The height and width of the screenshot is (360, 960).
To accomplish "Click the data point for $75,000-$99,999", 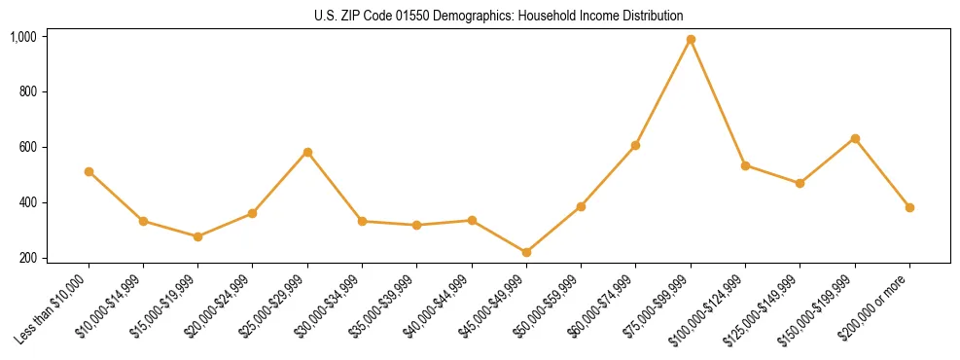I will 691,40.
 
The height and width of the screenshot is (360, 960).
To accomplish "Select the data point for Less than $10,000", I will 89,171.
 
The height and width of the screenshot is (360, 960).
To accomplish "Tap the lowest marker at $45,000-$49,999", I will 526,252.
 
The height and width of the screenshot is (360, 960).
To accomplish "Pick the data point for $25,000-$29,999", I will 307,152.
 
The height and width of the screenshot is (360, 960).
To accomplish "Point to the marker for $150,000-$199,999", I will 855,138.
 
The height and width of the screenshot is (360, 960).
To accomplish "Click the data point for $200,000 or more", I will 909,207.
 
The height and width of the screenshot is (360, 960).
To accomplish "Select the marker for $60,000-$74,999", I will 636,145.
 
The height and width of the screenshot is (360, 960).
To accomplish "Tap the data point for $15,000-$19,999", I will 198,236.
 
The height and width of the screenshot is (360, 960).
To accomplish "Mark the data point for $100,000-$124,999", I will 745,165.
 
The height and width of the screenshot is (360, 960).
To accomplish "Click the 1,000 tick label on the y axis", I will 23,37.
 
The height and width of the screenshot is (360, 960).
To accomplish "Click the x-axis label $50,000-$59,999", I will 552,306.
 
